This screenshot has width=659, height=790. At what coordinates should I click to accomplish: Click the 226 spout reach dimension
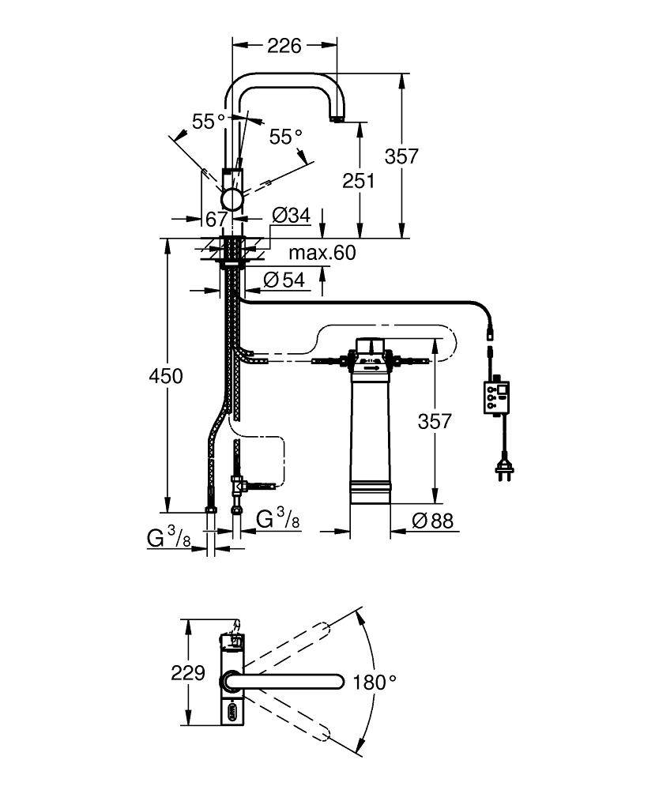click(284, 46)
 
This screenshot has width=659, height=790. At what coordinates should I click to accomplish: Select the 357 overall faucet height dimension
click(401, 156)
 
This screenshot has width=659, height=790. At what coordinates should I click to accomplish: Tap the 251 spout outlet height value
click(359, 180)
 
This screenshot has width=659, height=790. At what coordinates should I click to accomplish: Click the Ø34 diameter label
click(290, 215)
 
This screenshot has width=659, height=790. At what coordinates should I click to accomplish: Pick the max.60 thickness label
click(321, 253)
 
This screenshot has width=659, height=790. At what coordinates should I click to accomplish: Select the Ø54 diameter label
click(283, 279)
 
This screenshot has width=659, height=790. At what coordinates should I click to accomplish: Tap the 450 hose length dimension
click(167, 376)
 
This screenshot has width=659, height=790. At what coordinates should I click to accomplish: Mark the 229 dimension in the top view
click(188, 674)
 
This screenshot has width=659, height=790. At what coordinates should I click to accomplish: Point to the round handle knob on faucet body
click(234, 199)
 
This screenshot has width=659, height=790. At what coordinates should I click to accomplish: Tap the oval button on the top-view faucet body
click(233, 711)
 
